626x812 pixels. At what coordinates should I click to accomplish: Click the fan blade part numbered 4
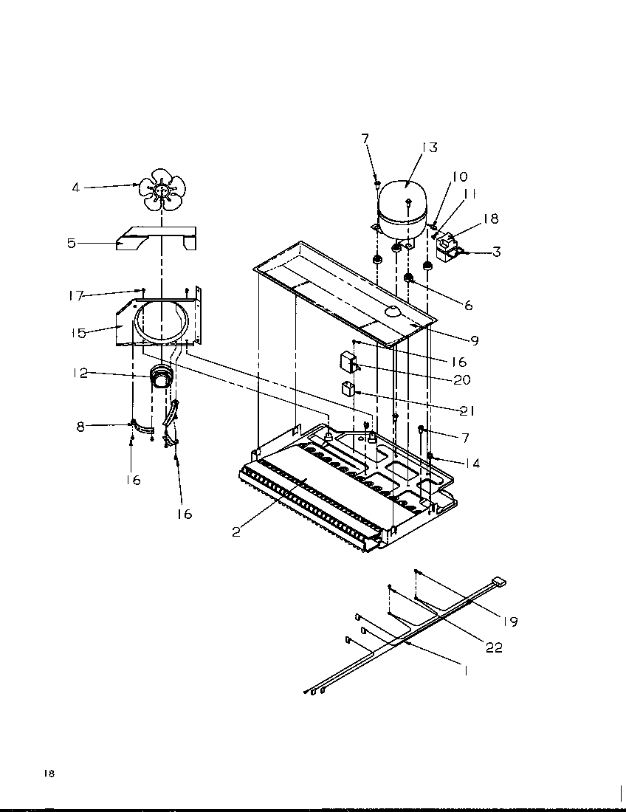pyautogui.click(x=161, y=190)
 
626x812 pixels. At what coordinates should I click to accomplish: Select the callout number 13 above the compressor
pyautogui.click(x=429, y=147)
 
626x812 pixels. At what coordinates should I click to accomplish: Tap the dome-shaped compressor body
pyautogui.click(x=403, y=199)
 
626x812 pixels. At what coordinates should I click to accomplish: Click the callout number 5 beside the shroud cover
pyautogui.click(x=72, y=243)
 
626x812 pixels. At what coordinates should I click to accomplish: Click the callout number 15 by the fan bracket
pyautogui.click(x=79, y=333)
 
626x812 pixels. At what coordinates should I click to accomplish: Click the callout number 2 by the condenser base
pyautogui.click(x=236, y=531)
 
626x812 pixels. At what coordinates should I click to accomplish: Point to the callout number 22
pyautogui.click(x=494, y=647)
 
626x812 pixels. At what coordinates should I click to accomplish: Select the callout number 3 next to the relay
pyautogui.click(x=496, y=252)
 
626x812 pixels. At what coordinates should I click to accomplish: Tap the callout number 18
pyautogui.click(x=490, y=219)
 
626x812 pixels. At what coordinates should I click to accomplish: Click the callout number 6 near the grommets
pyautogui.click(x=468, y=305)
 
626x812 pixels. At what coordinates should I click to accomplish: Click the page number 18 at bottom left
pyautogui.click(x=49, y=773)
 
